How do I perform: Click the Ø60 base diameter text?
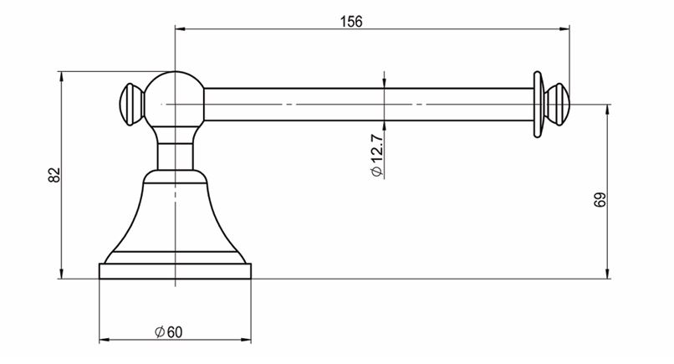click(x=168, y=331)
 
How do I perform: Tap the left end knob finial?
click(x=131, y=104)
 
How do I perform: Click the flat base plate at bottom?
click(x=175, y=270)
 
